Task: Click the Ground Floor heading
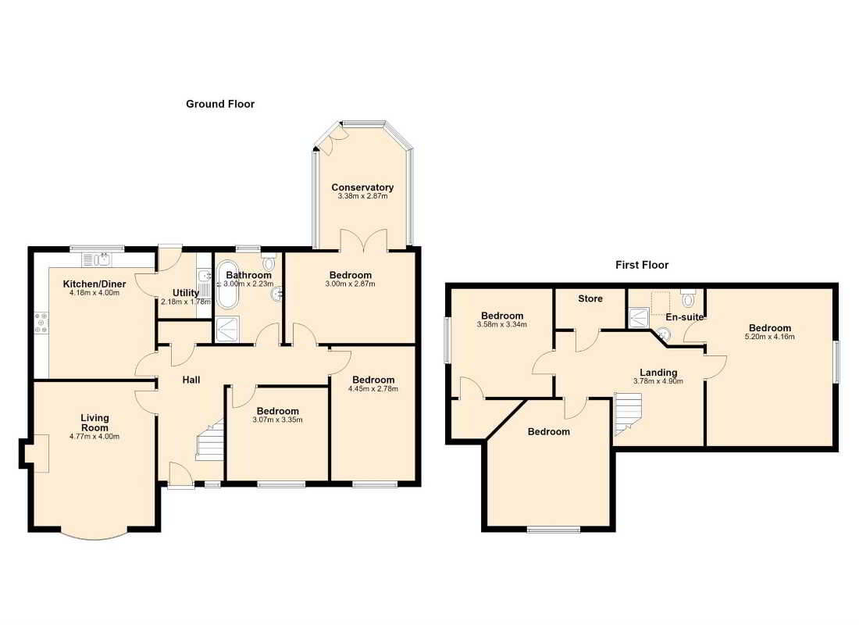(x=220, y=104)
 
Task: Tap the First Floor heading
(x=642, y=265)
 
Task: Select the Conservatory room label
(x=362, y=187)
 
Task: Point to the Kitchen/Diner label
(x=94, y=284)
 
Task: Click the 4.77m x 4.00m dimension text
(x=94, y=437)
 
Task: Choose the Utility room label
(x=186, y=293)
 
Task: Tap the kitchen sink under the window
(x=96, y=259)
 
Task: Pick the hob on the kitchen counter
(x=41, y=323)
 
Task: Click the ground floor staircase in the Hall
(x=210, y=439)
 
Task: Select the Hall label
(x=191, y=380)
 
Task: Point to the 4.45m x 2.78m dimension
(x=373, y=389)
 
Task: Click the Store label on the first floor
(x=590, y=298)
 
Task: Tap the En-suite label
(x=684, y=317)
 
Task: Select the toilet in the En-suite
(x=688, y=298)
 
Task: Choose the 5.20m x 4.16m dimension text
(x=770, y=337)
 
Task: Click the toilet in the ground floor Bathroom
(x=269, y=261)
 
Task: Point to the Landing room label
(x=658, y=373)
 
